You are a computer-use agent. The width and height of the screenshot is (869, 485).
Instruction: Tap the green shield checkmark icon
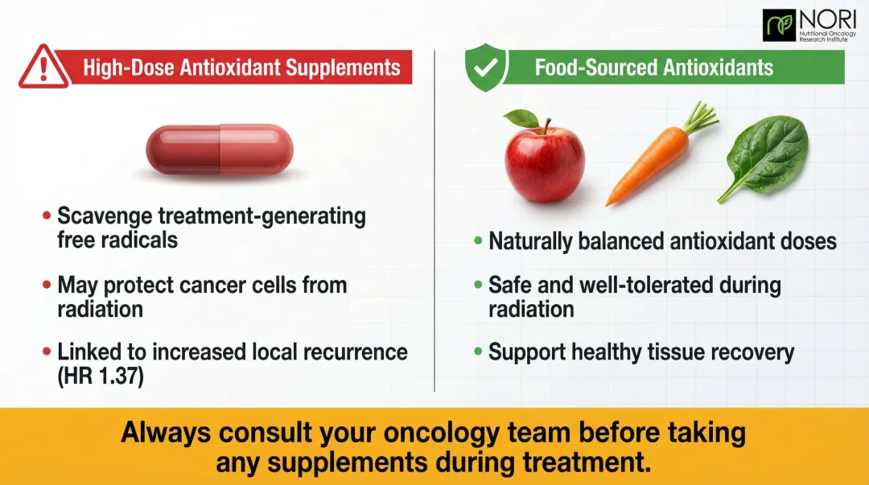(x=485, y=68)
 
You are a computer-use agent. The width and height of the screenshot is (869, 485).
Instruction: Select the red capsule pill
(x=219, y=150)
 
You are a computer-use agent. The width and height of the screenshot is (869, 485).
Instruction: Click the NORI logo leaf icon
(x=779, y=26)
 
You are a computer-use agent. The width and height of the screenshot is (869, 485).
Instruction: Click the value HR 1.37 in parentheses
(x=101, y=376)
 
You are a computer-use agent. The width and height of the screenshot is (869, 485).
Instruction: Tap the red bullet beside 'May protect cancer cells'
(x=47, y=286)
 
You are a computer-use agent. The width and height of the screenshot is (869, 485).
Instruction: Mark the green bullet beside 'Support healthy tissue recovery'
(x=478, y=352)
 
